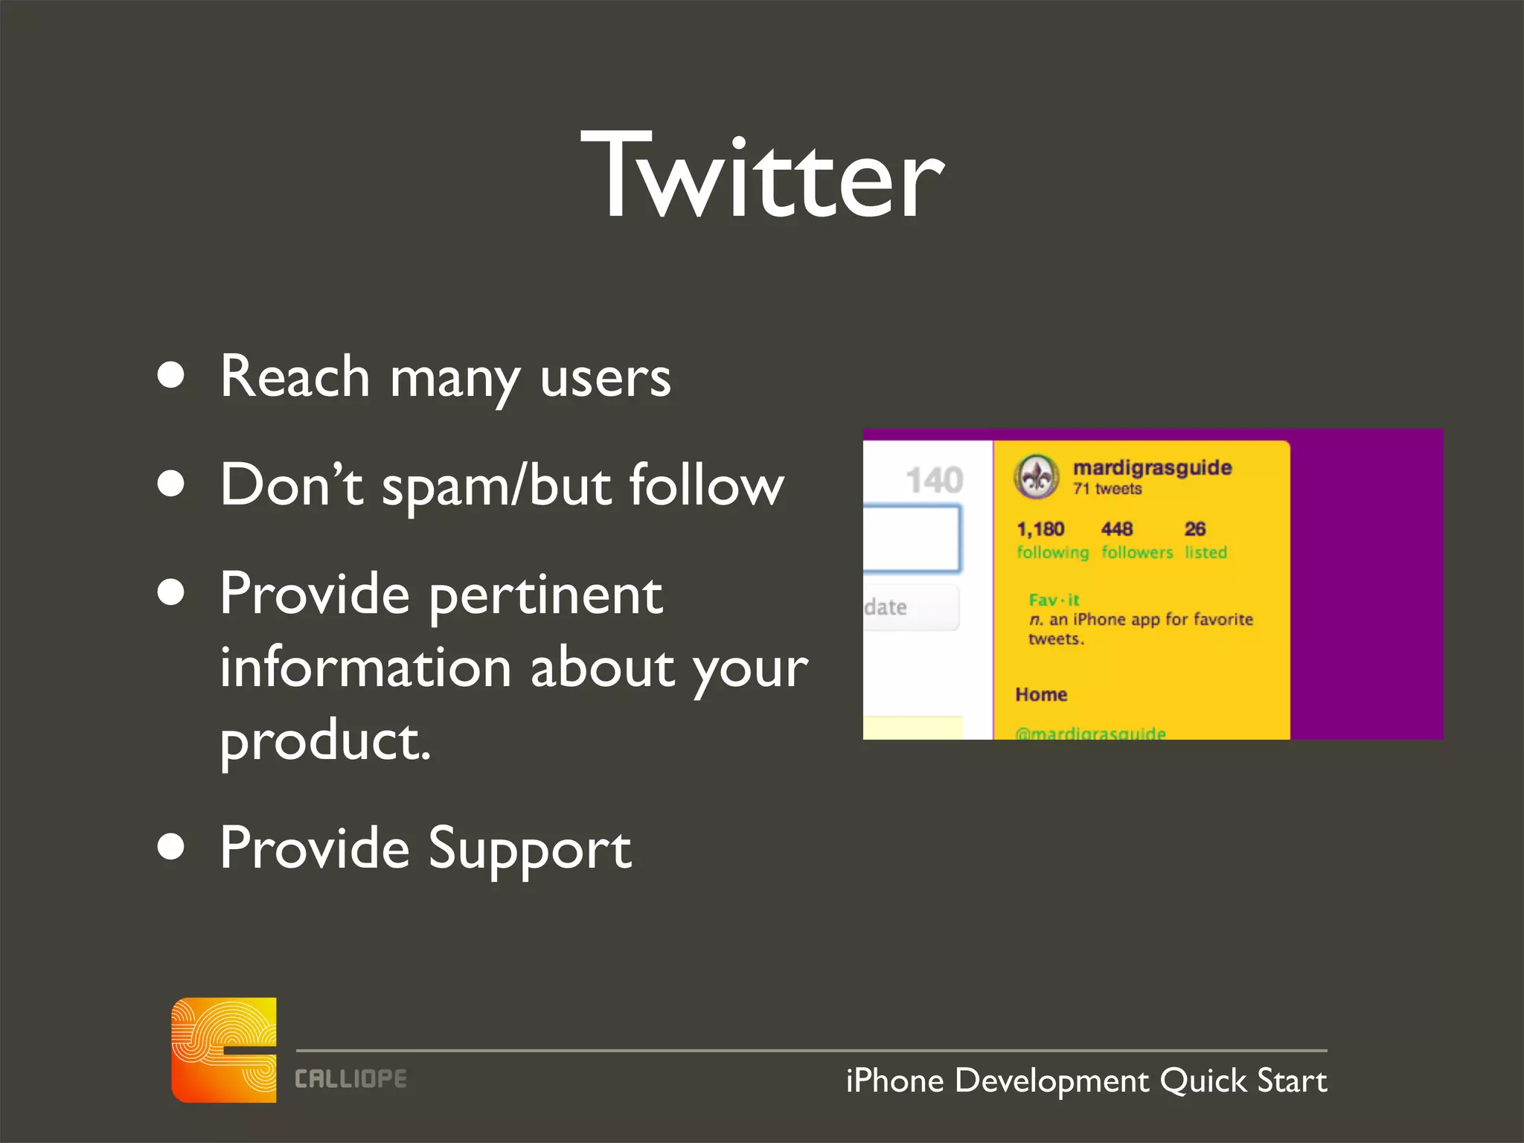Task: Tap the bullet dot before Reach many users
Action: [x=171, y=376]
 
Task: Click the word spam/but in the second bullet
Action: [x=496, y=486]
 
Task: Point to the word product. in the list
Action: [x=325, y=740]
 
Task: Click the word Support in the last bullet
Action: [x=530, y=848]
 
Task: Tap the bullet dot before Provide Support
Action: [x=171, y=846]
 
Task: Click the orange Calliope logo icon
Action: [x=224, y=1050]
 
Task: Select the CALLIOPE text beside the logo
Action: [x=350, y=1079]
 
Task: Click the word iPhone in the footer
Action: [x=894, y=1080]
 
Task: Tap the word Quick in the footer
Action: [x=1203, y=1080]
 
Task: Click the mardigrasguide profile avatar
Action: [x=1036, y=476]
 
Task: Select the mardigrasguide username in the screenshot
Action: [x=1152, y=467]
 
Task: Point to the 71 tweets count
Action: [x=1107, y=489]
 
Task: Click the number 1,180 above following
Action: [x=1040, y=529]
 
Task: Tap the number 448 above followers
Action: [x=1117, y=529]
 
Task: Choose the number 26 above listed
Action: [x=1195, y=529]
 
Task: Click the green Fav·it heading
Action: [x=1054, y=600]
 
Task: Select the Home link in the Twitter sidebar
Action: [x=1041, y=694]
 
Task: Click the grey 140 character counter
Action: [x=935, y=480]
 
